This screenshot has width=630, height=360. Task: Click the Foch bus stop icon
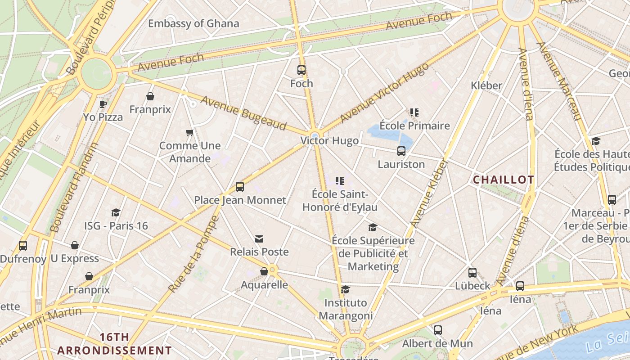[x=301, y=70]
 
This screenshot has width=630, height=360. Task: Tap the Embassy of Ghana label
[x=193, y=23]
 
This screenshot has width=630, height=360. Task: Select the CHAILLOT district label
[x=503, y=180]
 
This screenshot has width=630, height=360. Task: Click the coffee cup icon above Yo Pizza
[x=103, y=104]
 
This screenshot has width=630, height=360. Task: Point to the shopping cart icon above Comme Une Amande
[x=189, y=132]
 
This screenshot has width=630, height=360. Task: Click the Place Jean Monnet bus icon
[x=240, y=187]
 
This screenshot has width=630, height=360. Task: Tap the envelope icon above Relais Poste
[x=259, y=239]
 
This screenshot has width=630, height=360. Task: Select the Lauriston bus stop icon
[x=401, y=151]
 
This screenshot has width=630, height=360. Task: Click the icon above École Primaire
[x=414, y=112]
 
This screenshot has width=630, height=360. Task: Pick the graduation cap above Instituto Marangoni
[x=345, y=289]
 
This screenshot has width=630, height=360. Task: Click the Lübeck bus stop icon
[x=472, y=273]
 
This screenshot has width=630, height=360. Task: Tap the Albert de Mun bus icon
[x=437, y=330]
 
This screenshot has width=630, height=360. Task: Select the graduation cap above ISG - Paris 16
[x=116, y=212]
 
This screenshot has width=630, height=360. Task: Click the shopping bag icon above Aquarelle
[x=264, y=271]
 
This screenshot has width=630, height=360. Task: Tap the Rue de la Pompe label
[x=193, y=254]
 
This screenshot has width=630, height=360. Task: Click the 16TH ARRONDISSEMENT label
[x=114, y=344]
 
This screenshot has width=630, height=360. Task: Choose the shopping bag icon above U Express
[x=75, y=245]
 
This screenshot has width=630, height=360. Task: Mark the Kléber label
[x=486, y=85]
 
